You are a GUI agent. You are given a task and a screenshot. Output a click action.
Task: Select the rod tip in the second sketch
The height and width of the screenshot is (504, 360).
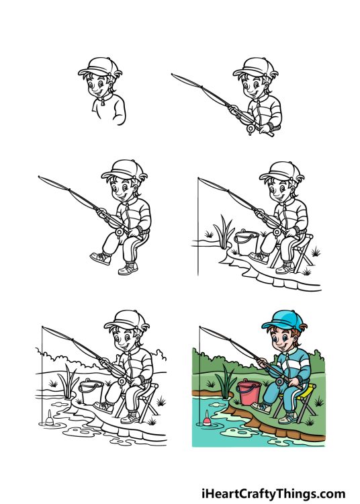[174, 75]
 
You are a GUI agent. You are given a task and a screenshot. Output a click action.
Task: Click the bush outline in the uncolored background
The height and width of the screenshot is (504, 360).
[159, 356]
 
